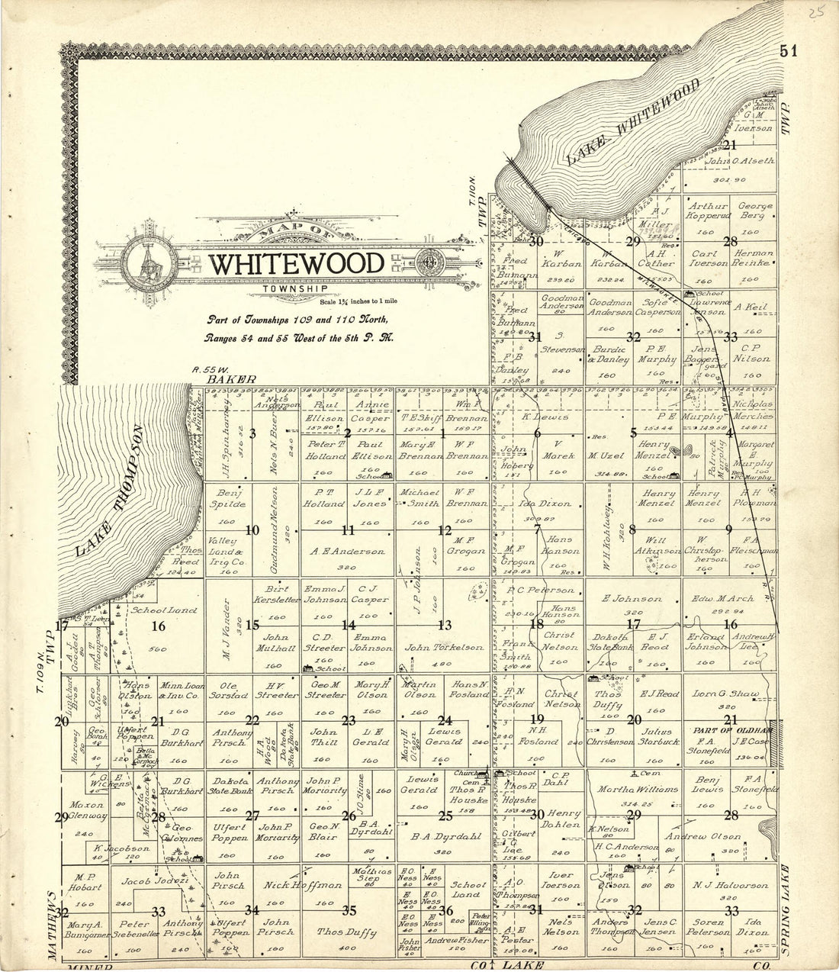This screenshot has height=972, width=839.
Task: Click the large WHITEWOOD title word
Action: click(297, 264)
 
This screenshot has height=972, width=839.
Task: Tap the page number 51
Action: click(788, 51)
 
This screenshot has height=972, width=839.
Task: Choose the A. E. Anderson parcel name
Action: click(347, 551)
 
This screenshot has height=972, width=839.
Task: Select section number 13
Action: click(444, 625)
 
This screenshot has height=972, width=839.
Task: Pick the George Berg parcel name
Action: click(754, 211)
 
